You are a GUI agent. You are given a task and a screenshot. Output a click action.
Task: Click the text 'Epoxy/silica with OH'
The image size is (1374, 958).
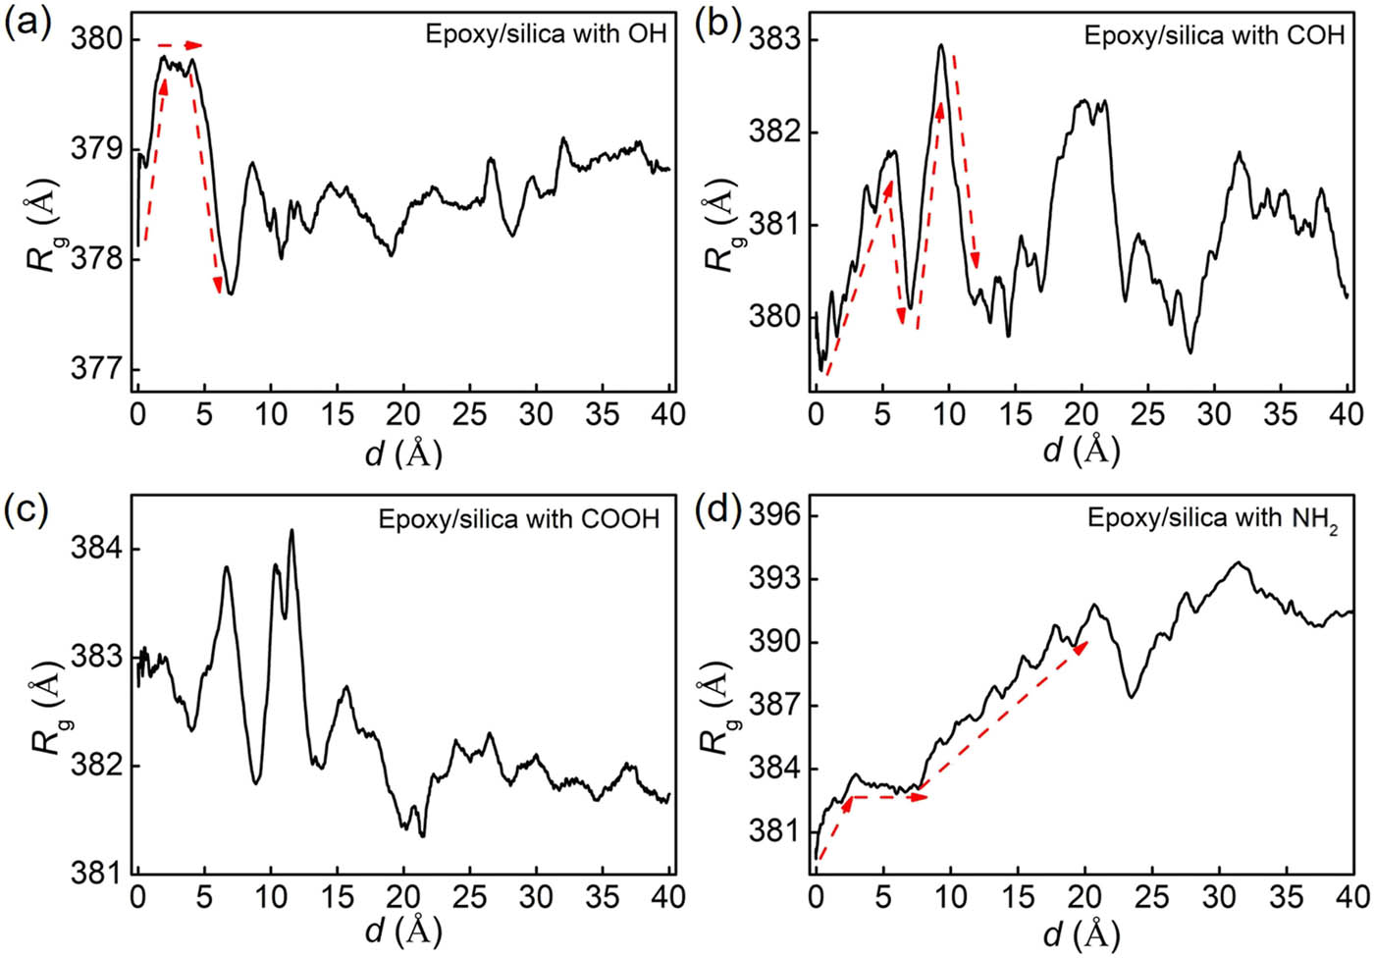[546, 34]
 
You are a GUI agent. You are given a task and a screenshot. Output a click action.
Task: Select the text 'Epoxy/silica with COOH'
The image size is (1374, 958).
[519, 519]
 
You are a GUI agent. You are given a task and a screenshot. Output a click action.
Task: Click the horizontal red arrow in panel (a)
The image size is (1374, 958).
[180, 45]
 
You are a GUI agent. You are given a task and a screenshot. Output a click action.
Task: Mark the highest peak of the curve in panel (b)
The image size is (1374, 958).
[941, 45]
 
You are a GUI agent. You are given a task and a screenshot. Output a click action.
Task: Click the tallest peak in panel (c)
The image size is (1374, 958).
[291, 531]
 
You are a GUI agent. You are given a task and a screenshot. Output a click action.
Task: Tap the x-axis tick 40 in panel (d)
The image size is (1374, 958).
[1351, 896]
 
